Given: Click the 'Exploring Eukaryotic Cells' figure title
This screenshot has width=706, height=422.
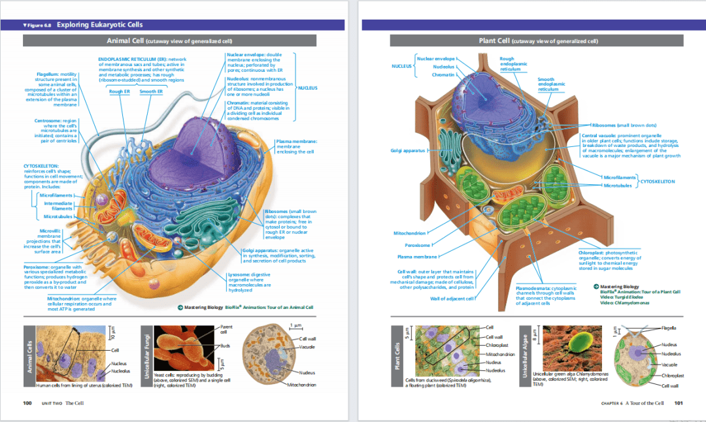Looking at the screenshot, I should click(x=99, y=25).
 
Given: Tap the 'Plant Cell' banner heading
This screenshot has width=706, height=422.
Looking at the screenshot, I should click(x=495, y=41).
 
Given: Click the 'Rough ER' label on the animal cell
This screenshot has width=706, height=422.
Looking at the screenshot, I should click(x=120, y=91).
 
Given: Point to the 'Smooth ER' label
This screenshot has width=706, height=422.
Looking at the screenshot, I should click(x=151, y=91).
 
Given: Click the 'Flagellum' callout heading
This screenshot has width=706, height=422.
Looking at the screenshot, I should click(x=48, y=74).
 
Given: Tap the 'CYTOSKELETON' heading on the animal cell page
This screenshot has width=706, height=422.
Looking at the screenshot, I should click(x=41, y=166).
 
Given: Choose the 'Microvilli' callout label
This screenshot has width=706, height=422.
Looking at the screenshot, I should click(x=50, y=230).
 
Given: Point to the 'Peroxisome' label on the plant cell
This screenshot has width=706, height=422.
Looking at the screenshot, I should click(x=417, y=246).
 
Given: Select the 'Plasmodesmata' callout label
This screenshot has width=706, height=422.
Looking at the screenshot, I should click(x=535, y=287).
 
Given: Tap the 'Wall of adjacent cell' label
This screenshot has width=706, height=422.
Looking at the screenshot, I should click(x=451, y=299).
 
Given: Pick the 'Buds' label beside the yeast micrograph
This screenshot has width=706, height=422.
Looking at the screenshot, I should click(x=224, y=346).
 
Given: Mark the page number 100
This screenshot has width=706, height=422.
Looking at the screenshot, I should click(x=27, y=403).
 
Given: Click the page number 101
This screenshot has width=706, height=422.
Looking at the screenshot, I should click(x=678, y=403).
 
